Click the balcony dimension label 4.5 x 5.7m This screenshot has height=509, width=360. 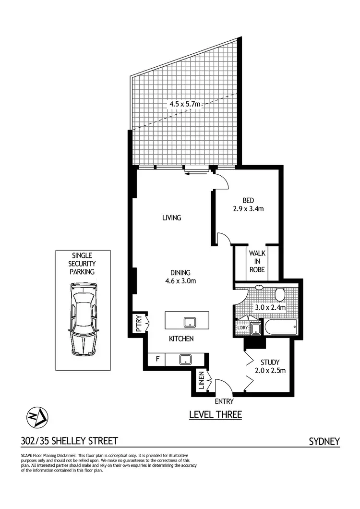[183, 103]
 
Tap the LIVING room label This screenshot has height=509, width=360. [171, 218]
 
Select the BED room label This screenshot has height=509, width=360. [248, 201]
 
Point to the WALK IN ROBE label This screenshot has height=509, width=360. [257, 261]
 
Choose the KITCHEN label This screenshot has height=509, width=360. [181, 339]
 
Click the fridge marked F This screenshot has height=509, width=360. [156, 359]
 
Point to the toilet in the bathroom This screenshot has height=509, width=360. [280, 293]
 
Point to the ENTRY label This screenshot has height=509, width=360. [224, 400]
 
